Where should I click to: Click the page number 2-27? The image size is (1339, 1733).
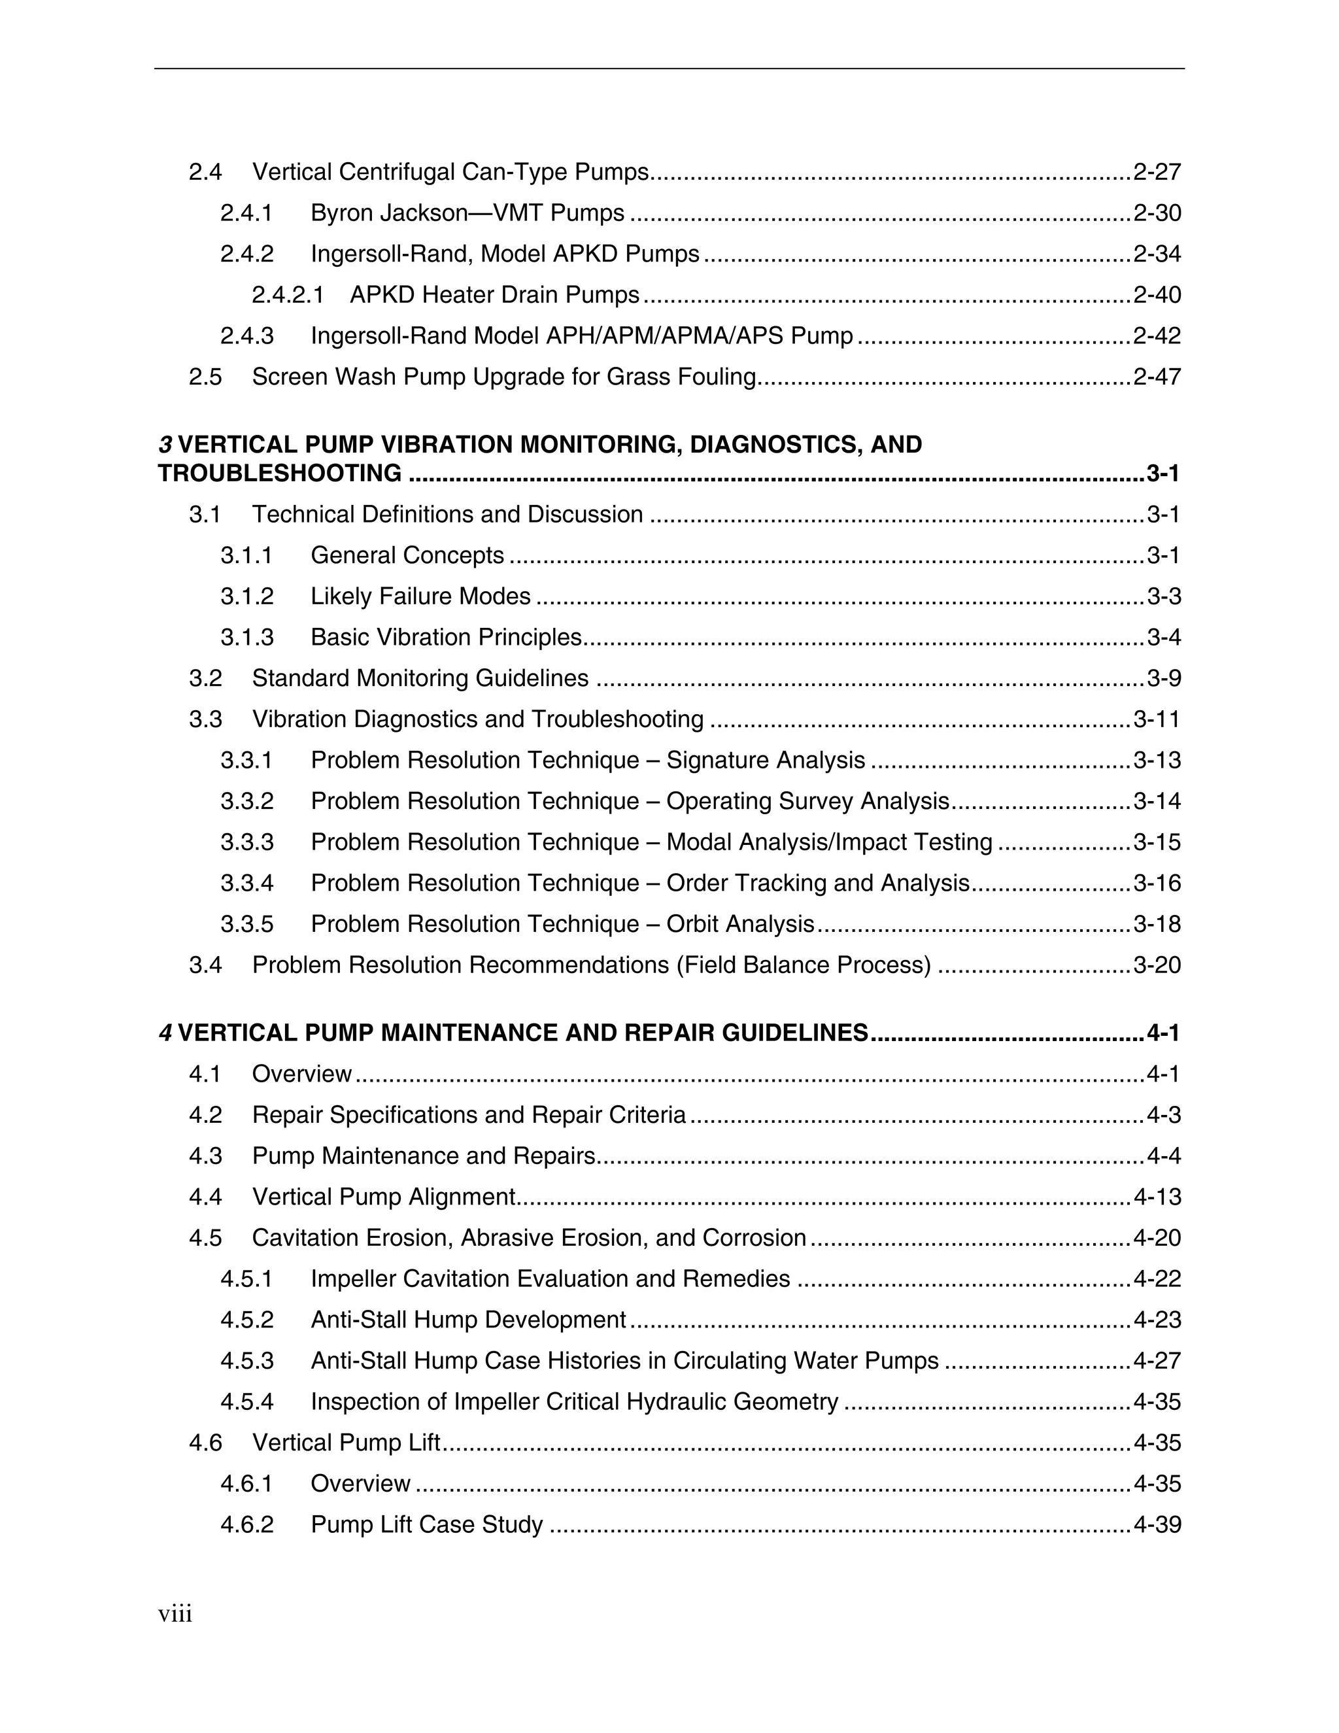coord(1157,172)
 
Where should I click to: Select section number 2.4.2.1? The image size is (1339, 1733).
coord(288,295)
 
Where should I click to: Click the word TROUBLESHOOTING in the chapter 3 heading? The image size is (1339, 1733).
coord(280,473)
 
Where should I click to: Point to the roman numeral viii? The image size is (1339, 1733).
coord(175,1615)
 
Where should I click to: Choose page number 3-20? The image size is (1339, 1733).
coord(1157,966)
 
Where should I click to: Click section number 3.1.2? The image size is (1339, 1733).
coord(246,596)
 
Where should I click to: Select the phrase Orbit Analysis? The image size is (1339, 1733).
coord(740,925)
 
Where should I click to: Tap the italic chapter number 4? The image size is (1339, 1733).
coord(165,1033)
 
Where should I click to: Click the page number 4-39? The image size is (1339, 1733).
coord(1157,1525)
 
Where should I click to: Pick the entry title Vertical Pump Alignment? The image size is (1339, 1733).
coord(384,1197)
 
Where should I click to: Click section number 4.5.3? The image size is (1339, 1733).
coord(246,1362)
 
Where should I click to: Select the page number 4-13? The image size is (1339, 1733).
coord(1157,1197)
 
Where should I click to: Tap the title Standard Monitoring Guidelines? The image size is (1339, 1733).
coord(420,678)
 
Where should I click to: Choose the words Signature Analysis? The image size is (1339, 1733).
coord(766,761)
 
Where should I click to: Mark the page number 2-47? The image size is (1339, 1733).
coord(1157,377)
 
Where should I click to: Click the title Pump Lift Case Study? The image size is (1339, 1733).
coord(427,1525)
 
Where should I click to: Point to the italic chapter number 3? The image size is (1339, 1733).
coord(165,445)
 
